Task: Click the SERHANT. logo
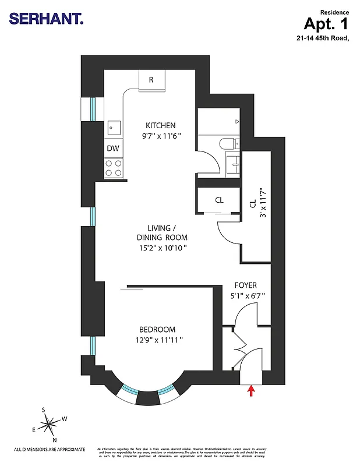47,19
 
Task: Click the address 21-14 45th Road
322,38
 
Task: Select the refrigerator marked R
151,80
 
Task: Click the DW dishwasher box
113,149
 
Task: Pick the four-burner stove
113,168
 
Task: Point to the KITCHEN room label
160,126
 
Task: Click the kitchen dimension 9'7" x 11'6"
162,136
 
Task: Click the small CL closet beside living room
219,200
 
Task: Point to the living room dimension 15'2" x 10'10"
162,248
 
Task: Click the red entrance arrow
252,390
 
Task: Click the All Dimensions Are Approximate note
50,449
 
